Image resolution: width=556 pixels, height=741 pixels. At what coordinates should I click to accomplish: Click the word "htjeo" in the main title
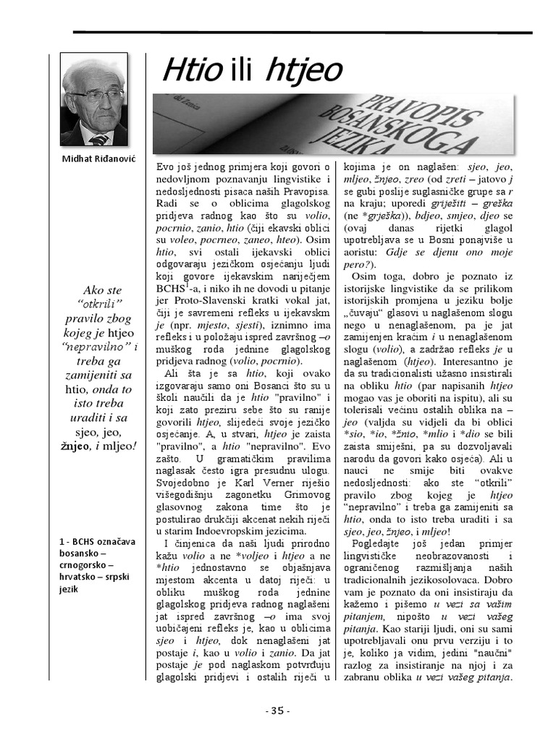[304, 71]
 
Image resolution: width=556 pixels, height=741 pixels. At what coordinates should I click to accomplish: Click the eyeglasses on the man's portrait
[97, 95]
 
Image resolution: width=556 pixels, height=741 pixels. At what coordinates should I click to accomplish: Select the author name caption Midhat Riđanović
[94, 158]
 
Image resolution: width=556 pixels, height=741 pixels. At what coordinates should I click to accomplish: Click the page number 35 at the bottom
[278, 711]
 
